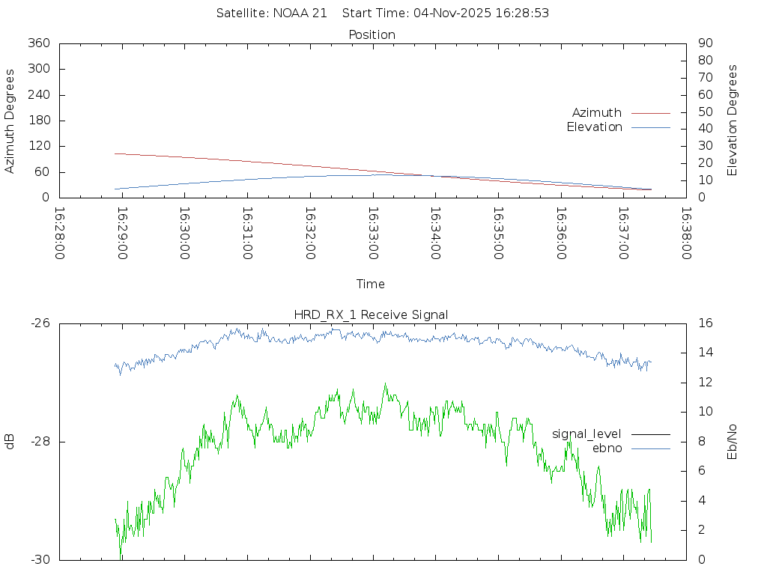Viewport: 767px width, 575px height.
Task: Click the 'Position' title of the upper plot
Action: pyautogui.click(x=372, y=34)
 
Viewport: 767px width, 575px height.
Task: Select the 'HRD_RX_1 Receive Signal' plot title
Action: pyautogui.click(x=372, y=314)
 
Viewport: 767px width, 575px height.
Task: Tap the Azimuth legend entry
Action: pyautogui.click(x=597, y=112)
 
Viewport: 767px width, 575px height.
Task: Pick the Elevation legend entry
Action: pyautogui.click(x=594, y=127)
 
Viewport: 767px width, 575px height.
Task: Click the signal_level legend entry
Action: pyautogui.click(x=586, y=433)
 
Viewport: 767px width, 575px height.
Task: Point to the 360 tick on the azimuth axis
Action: pyautogui.click(x=38, y=43)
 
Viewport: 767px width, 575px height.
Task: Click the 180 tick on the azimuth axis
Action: pyautogui.click(x=38, y=121)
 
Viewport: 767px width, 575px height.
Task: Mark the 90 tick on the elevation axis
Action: pyautogui.click(x=704, y=43)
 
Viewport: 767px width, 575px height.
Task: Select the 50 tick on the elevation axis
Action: pyautogui.click(x=704, y=112)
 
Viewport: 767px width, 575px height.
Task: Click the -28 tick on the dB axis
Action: pyautogui.click(x=39, y=442)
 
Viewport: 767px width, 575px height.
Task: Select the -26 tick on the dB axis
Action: pyautogui.click(x=39, y=323)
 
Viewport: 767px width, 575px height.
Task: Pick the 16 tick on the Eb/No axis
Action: pyautogui.click(x=705, y=323)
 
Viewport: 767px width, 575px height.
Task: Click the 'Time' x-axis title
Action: pyautogui.click(x=371, y=285)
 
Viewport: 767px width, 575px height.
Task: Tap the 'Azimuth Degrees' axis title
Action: pyautogui.click(x=10, y=121)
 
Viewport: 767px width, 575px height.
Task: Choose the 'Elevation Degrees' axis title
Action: pyautogui.click(x=733, y=121)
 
